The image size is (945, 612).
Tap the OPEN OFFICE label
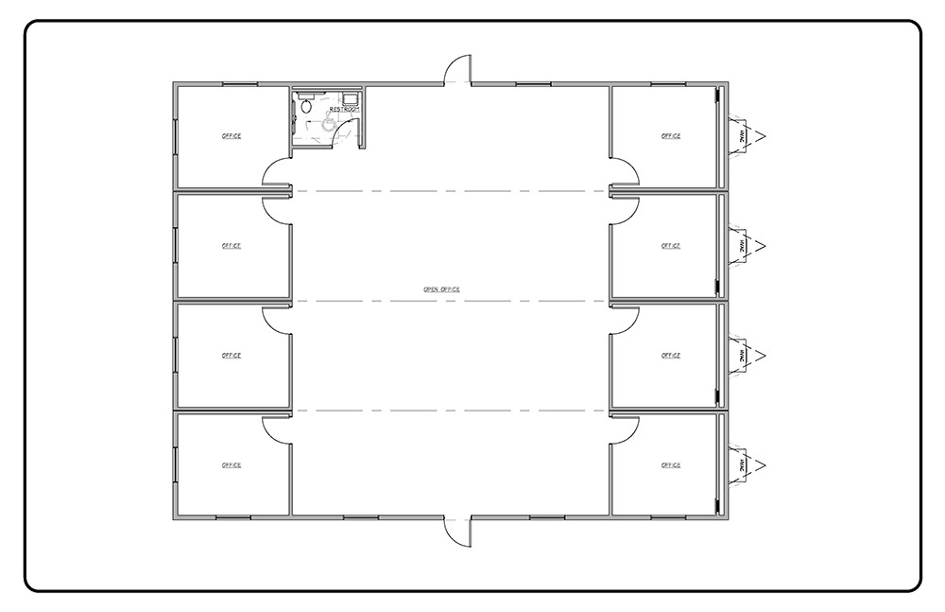pos(441,289)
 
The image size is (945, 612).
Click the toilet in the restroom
pos(304,107)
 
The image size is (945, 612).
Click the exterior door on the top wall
pos(457,70)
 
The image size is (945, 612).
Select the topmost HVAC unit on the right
pos(743,136)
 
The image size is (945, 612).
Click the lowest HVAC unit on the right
pos(743,464)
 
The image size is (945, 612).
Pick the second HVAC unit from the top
pos(743,246)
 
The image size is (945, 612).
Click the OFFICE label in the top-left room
pos(231,136)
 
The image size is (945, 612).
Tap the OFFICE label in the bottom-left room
pos(231,465)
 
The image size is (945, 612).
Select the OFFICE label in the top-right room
pos(671,136)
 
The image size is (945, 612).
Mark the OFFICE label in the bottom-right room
pos(671,465)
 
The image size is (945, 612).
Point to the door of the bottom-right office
pos(625,427)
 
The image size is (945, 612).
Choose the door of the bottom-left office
pos(276,427)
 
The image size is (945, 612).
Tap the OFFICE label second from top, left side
pos(231,246)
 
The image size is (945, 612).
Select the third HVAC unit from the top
pos(743,356)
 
